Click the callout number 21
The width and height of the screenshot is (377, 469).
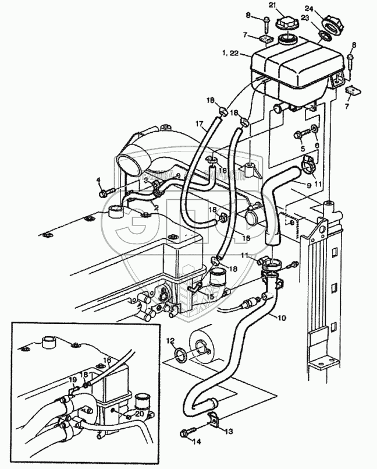pyautogui.click(x=288, y=6)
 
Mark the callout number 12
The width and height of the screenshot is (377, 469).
pyautogui.click(x=170, y=340)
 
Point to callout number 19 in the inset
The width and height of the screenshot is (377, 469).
pyautogui.click(x=72, y=379)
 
